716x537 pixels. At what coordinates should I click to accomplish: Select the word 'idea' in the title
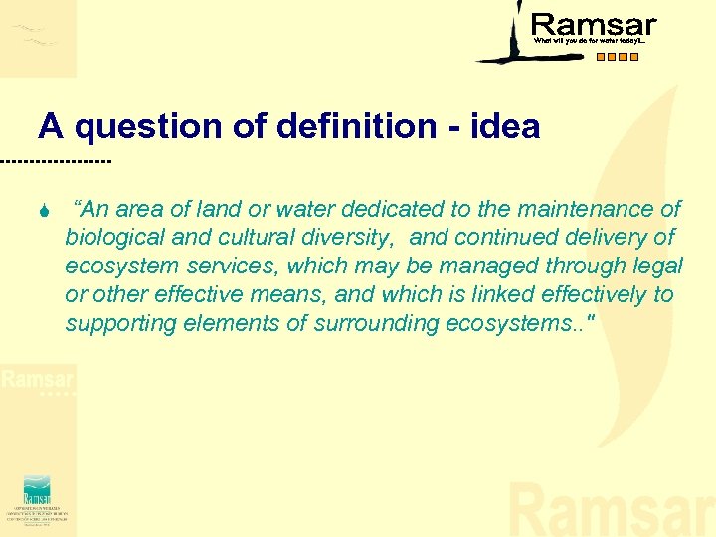click(507, 127)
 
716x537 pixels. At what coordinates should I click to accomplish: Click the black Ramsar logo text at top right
click(594, 25)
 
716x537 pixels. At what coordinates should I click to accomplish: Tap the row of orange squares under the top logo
click(618, 57)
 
